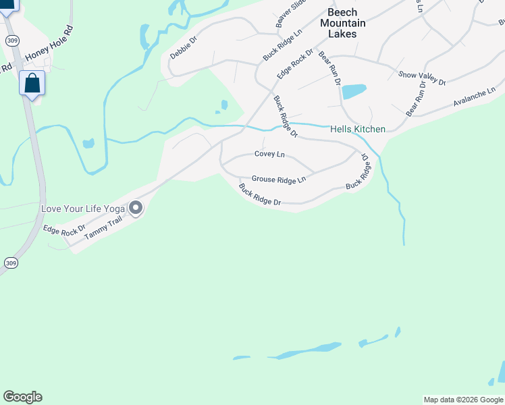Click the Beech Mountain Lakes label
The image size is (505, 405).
[346, 23]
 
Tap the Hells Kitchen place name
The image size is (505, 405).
[358, 129]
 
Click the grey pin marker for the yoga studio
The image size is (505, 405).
[136, 208]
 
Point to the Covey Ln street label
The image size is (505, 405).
[269, 154]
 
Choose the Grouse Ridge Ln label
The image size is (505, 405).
[279, 179]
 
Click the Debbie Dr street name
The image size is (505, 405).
[183, 48]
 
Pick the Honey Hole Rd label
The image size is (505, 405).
[49, 43]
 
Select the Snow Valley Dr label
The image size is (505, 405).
[422, 78]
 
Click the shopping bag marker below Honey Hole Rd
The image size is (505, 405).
[32, 84]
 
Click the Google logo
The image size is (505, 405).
[22, 397]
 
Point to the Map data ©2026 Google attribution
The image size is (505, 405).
[463, 400]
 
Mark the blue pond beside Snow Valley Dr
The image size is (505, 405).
[354, 91]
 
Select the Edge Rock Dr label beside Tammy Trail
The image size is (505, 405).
[64, 230]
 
